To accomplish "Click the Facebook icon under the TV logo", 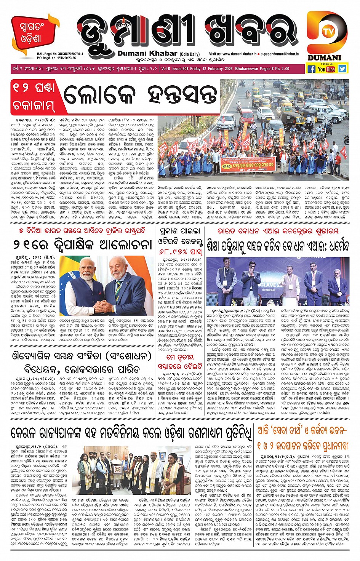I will coord(311,69).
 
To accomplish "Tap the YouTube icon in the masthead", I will coord(326,69).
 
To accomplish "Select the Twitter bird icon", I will coord(342,69).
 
